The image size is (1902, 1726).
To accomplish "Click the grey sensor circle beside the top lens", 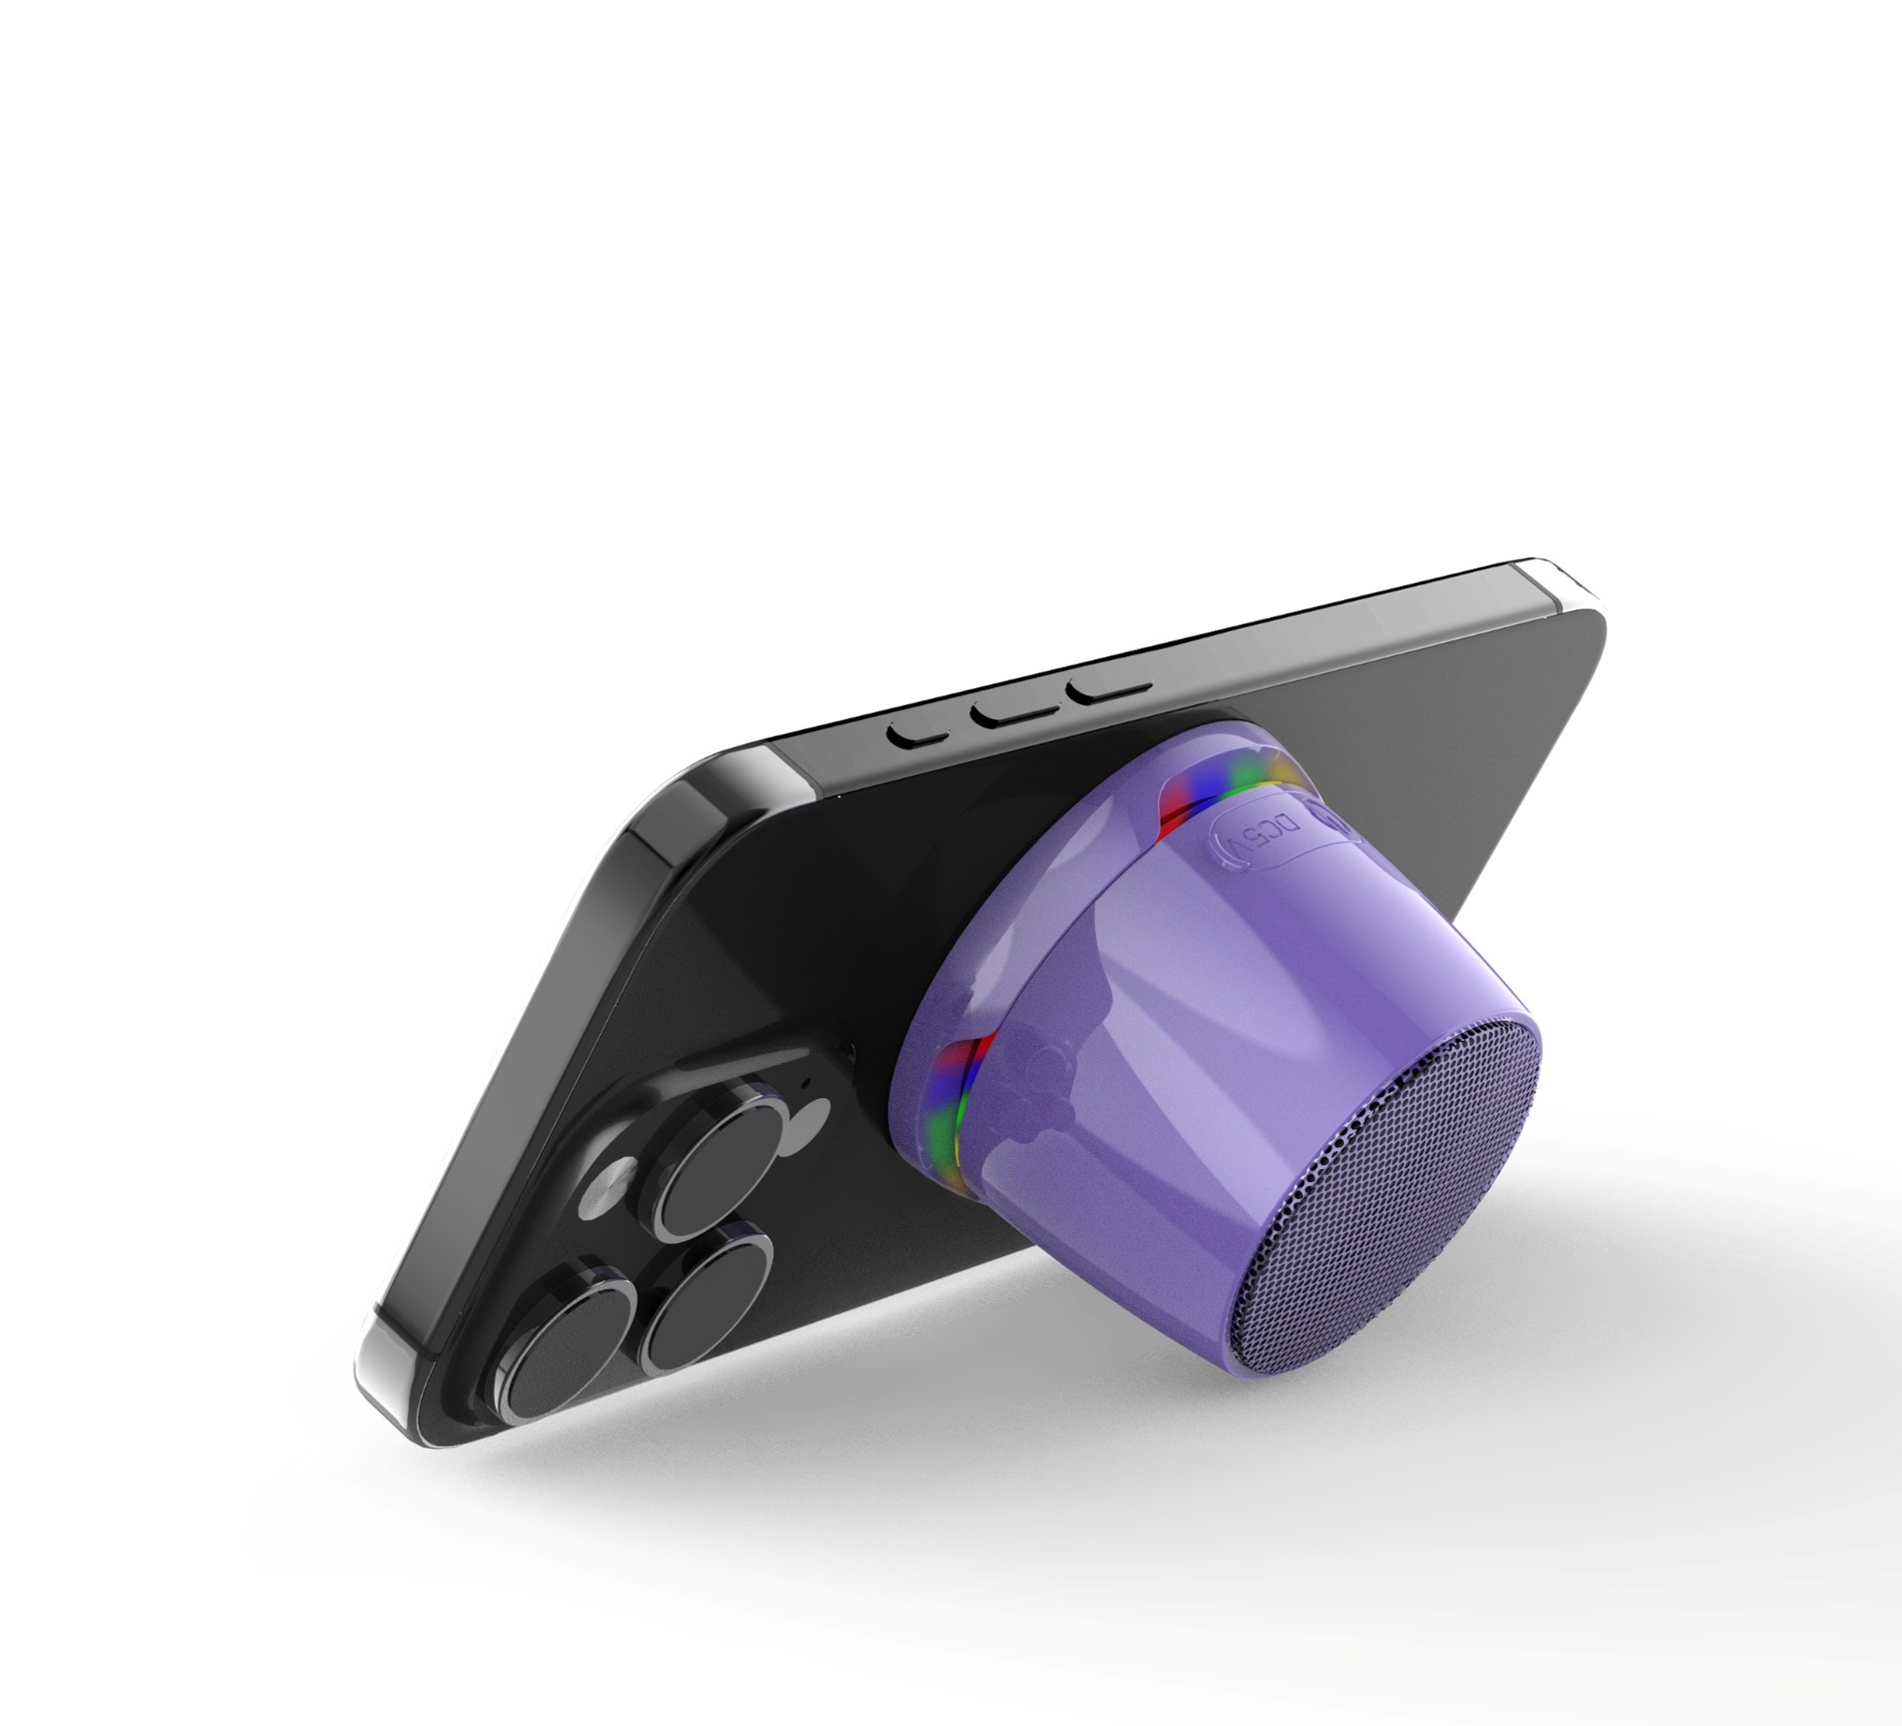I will (809, 1119).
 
